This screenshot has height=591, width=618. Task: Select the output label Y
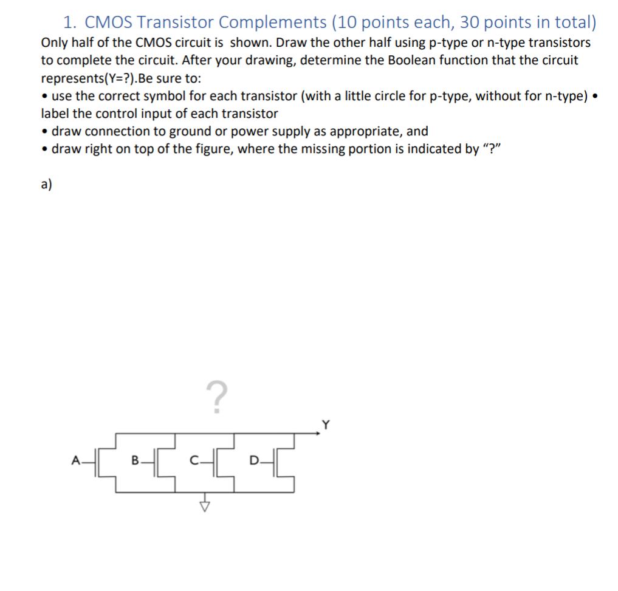pyautogui.click(x=326, y=425)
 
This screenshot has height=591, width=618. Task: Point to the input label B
pyautogui.click(x=136, y=460)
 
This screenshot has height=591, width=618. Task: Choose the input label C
pyautogui.click(x=193, y=460)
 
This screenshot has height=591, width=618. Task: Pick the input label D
pyautogui.click(x=253, y=460)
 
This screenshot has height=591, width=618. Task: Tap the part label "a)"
pyautogui.click(x=46, y=185)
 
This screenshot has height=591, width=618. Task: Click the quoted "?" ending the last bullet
pyautogui.click(x=487, y=149)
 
